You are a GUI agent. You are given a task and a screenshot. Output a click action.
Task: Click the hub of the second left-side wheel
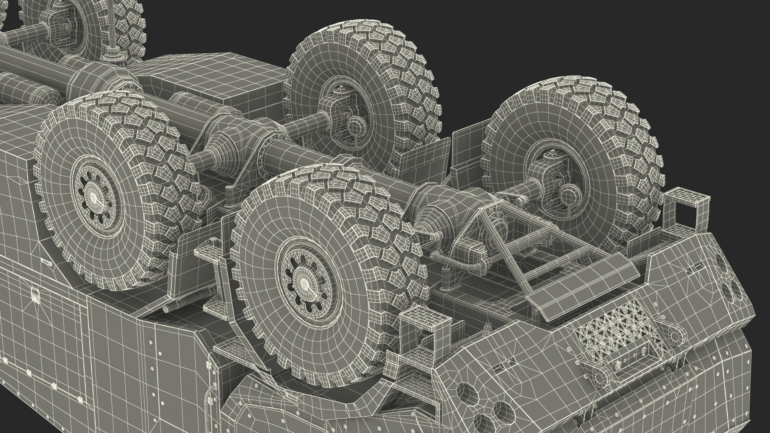[x=93, y=197]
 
